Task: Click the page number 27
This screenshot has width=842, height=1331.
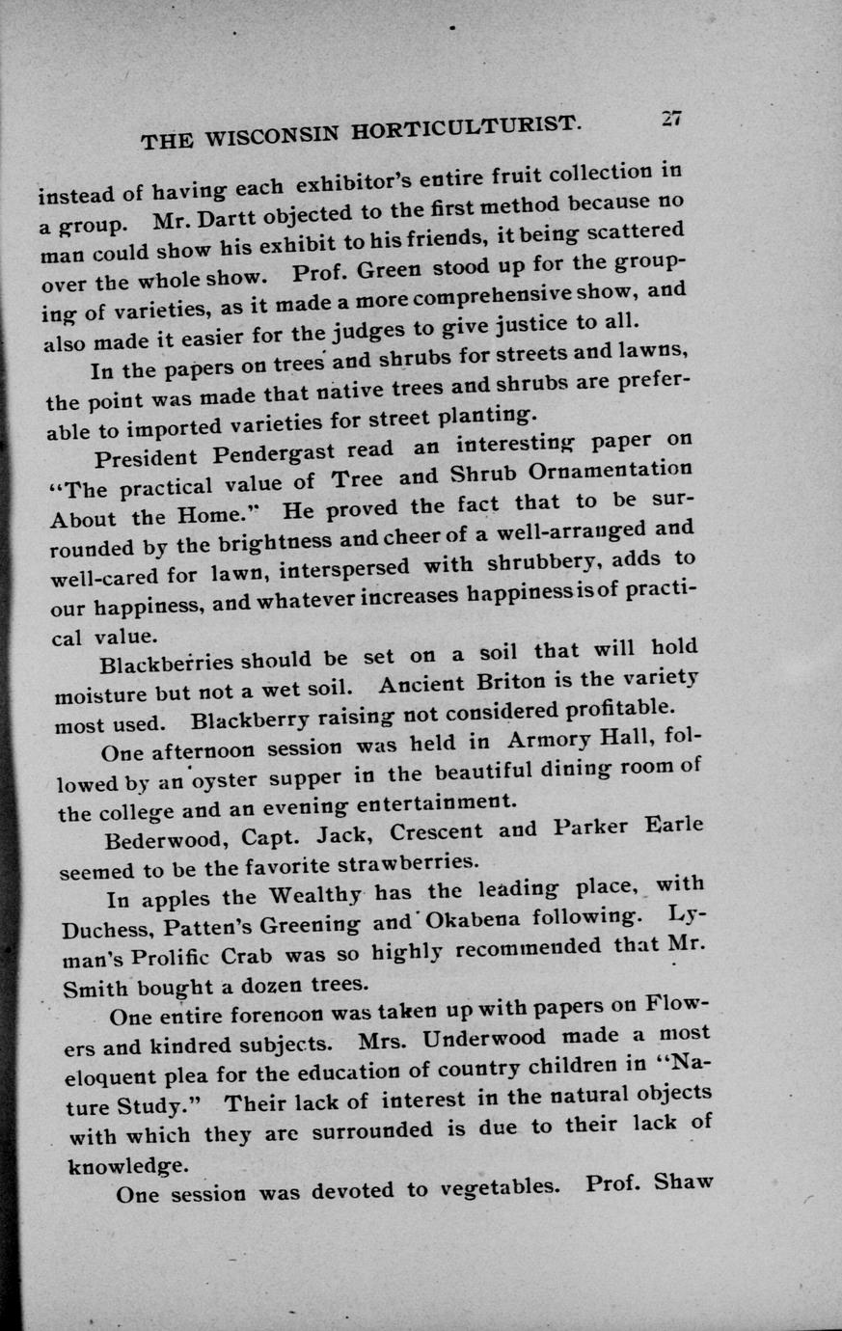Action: (x=671, y=117)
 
